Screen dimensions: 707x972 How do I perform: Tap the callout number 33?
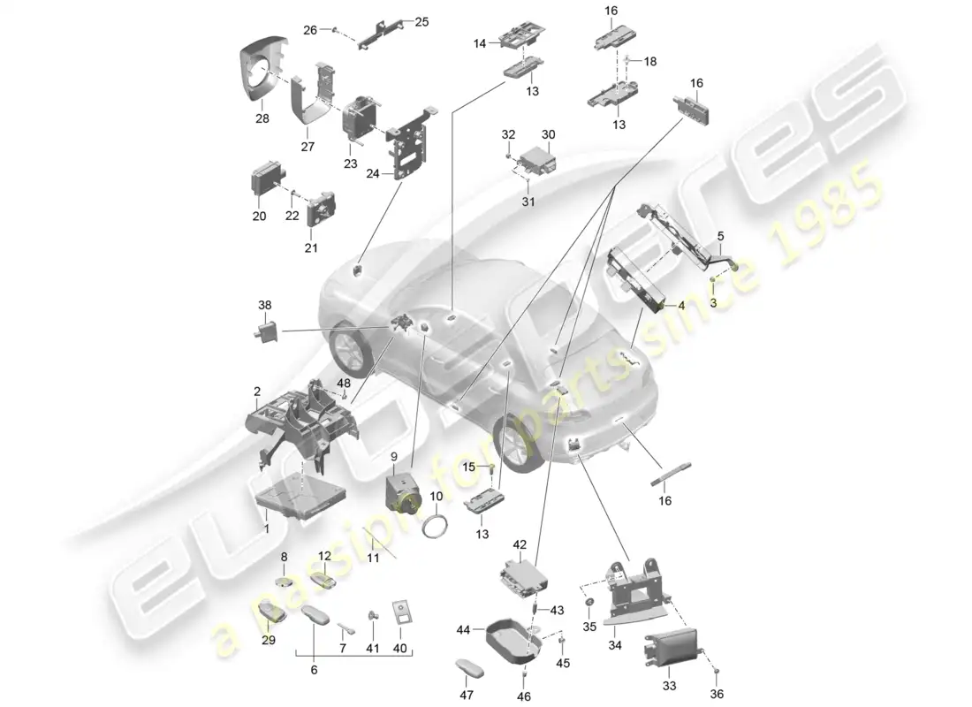tap(668, 683)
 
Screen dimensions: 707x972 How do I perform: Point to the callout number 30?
tap(548, 134)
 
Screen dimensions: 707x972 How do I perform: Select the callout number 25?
tap(421, 21)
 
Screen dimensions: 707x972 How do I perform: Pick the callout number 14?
tap(481, 42)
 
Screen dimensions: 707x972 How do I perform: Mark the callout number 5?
tap(720, 236)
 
